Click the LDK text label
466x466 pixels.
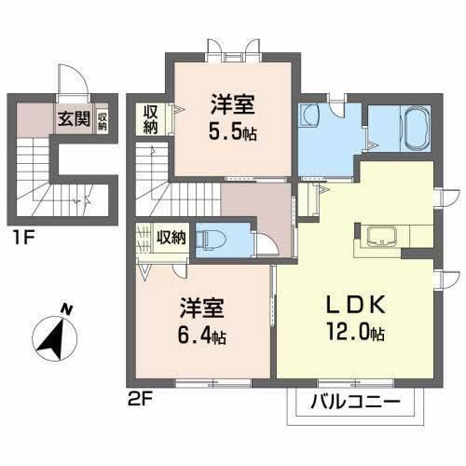tap(354, 308)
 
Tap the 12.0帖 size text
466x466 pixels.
tap(355, 334)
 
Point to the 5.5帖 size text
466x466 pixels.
tap(231, 130)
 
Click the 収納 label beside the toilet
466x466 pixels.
tap(171, 237)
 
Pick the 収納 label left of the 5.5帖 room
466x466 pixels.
tap(151, 119)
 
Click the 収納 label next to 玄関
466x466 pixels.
tap(101, 120)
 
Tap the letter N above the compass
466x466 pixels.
tap(65, 308)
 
